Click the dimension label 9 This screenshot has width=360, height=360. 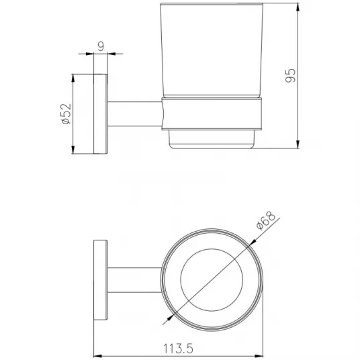101,46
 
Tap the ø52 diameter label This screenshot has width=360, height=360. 66,114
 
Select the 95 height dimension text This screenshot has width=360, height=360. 290,75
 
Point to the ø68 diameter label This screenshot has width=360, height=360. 266,220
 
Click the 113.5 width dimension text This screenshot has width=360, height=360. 178,349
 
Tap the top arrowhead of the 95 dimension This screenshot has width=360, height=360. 298,7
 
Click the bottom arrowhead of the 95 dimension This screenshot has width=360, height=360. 298,144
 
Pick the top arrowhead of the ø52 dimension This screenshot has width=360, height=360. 73,78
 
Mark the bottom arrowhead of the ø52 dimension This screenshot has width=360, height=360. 73,150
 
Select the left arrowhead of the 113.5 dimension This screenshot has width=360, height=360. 98,357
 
